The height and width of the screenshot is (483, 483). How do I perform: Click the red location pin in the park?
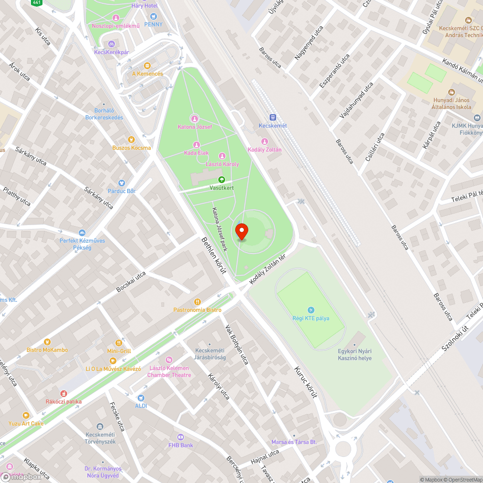pos(241,231)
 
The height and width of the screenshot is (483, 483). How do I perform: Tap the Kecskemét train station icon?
pos(272,117)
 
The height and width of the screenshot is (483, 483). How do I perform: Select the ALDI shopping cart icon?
pos(141,398)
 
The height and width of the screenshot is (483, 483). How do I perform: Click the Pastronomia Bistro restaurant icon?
pos(197,301)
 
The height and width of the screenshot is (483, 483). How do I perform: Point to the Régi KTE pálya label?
pos(310,318)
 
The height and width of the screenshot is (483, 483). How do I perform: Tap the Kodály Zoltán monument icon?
pos(264,141)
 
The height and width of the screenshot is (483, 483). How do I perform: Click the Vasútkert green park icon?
pos(222,180)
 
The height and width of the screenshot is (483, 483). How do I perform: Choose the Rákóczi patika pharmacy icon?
pos(63,394)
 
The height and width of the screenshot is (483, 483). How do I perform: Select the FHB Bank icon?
pos(181,437)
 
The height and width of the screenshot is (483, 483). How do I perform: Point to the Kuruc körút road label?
pos(306,382)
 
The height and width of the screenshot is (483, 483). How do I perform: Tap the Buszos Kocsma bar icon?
pos(131,140)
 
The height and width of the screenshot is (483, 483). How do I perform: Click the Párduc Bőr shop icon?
pos(121,183)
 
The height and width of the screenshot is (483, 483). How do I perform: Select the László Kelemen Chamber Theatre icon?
pos(169,360)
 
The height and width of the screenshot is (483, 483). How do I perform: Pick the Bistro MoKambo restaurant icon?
pos(47,341)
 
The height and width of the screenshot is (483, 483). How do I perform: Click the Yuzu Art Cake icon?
pos(26,415)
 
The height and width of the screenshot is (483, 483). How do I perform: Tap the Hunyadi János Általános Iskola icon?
pos(452,92)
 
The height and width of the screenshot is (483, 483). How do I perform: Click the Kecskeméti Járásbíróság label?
pos(211,354)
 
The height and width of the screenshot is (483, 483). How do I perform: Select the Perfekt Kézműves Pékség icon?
pos(82,232)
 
